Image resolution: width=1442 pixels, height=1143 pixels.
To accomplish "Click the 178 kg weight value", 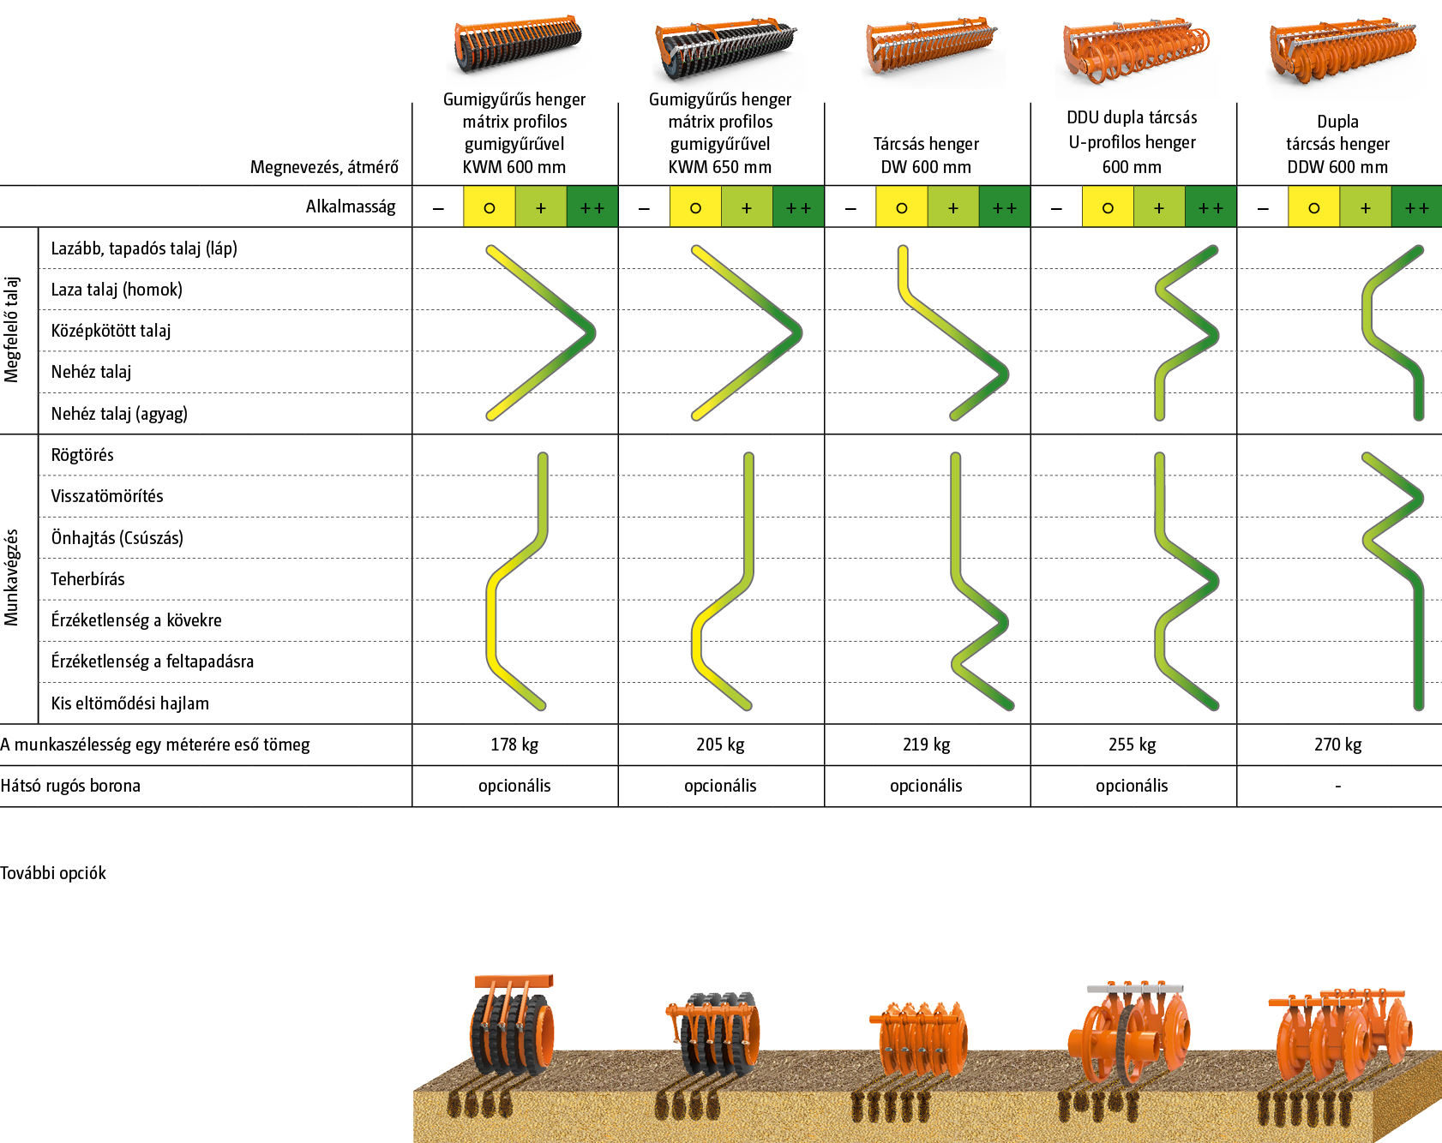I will [x=514, y=745].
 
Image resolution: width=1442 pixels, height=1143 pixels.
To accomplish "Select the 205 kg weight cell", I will [x=720, y=745].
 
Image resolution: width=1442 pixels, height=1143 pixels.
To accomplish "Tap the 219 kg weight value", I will [x=926, y=745].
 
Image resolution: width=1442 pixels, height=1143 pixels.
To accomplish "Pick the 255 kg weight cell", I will [x=1132, y=745].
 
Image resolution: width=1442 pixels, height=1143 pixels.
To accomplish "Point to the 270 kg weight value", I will [x=1337, y=745].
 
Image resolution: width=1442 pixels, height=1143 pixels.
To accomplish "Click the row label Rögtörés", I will [x=82, y=455].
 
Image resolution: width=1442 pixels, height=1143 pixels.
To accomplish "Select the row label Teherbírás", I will [x=87, y=579].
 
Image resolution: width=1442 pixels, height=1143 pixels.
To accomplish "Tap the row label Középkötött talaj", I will [x=111, y=331].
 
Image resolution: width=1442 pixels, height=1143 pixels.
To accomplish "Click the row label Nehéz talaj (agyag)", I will [x=119, y=414].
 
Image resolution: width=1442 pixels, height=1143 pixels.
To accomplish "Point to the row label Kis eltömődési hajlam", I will [x=129, y=703].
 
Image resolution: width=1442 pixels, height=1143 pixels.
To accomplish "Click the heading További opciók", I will [x=53, y=873].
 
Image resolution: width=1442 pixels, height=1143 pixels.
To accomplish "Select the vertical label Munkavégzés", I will [x=12, y=577].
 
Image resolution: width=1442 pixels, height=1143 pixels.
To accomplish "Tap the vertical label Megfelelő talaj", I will [x=12, y=329].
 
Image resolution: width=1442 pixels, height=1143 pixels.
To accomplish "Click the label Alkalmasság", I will [x=351, y=206].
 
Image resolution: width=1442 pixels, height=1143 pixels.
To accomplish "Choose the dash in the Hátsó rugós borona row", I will [x=1337, y=786].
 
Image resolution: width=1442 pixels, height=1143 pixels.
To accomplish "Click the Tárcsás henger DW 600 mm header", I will [x=926, y=155].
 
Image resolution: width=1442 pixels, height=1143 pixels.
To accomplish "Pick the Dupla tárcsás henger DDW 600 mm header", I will [x=1337, y=144].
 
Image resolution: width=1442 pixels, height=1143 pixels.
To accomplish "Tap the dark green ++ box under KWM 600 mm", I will [x=592, y=207].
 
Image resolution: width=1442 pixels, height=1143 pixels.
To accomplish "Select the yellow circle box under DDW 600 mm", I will [x=1313, y=207].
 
